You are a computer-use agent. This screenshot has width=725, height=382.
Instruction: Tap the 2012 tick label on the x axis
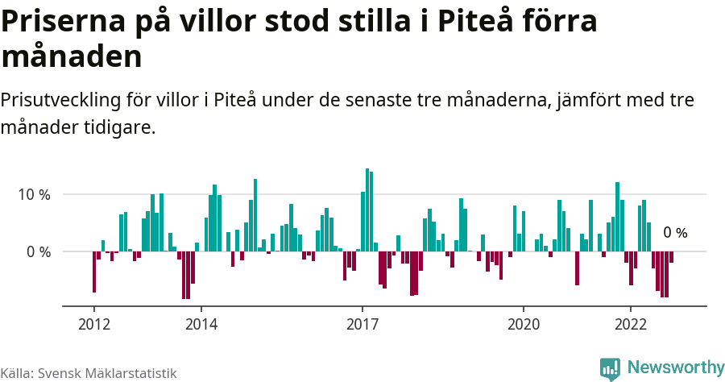[x=93, y=324]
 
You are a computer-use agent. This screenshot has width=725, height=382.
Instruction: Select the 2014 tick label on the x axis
[x=201, y=324]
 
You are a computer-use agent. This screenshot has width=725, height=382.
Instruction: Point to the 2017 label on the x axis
[x=362, y=324]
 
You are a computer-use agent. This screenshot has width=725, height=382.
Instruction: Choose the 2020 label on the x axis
[x=524, y=324]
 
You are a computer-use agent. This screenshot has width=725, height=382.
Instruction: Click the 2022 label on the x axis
[x=631, y=324]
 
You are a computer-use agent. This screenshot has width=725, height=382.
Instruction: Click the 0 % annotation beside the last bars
[x=675, y=233]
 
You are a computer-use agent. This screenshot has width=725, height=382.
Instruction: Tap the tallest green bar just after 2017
[x=367, y=210]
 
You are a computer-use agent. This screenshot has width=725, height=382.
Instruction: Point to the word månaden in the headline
[x=72, y=57]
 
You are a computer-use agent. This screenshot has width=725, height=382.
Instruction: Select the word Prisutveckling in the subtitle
[x=60, y=102]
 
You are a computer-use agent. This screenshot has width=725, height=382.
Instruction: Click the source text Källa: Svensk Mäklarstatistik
[x=89, y=373]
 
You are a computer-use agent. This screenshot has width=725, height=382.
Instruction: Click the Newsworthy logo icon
[x=610, y=368]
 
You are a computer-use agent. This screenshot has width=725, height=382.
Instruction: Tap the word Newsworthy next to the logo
[x=675, y=367]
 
